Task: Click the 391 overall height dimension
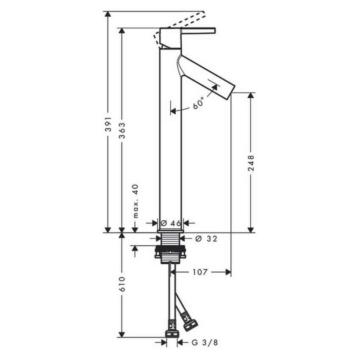click(108, 124)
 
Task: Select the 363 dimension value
click(122, 130)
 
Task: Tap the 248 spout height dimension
click(251, 163)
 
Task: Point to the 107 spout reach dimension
click(200, 272)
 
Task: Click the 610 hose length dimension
click(122, 284)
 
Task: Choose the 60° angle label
click(198, 103)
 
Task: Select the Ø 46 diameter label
click(171, 223)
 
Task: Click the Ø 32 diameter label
click(206, 239)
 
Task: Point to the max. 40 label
click(136, 201)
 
